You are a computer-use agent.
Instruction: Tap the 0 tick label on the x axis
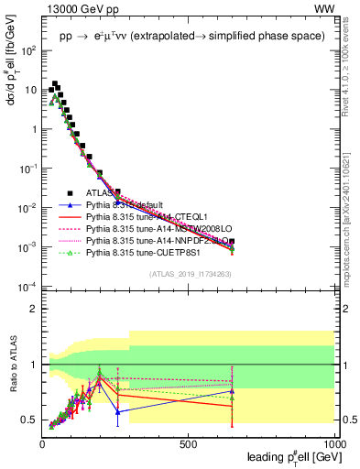pos(42,443)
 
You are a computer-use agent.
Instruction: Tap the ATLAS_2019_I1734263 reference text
pos(191,274)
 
